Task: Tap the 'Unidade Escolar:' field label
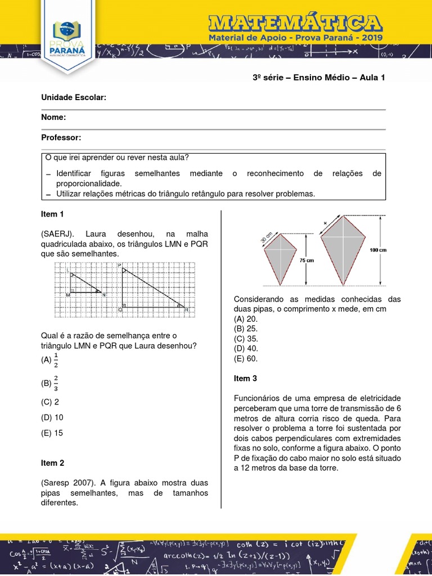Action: point(74,98)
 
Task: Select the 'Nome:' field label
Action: point(54,118)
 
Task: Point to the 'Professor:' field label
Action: point(61,137)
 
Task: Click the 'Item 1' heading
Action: point(53,214)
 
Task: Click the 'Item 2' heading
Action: point(53,463)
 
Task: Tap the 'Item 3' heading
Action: point(246,379)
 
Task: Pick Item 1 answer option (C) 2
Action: point(50,402)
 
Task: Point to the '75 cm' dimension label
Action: point(307,261)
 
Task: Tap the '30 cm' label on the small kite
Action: point(266,237)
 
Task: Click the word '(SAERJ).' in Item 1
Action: point(58,234)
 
